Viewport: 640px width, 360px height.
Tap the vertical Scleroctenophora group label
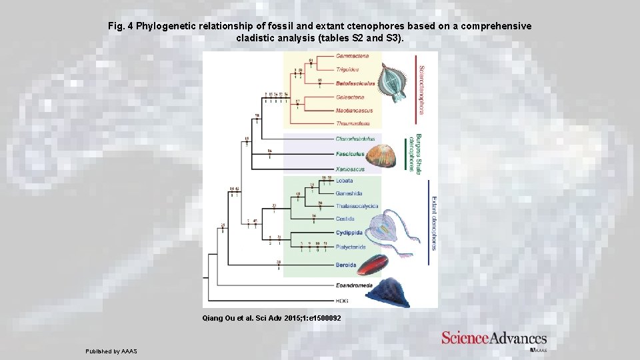click(421, 90)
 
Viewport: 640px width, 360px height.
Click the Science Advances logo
click(494, 339)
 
